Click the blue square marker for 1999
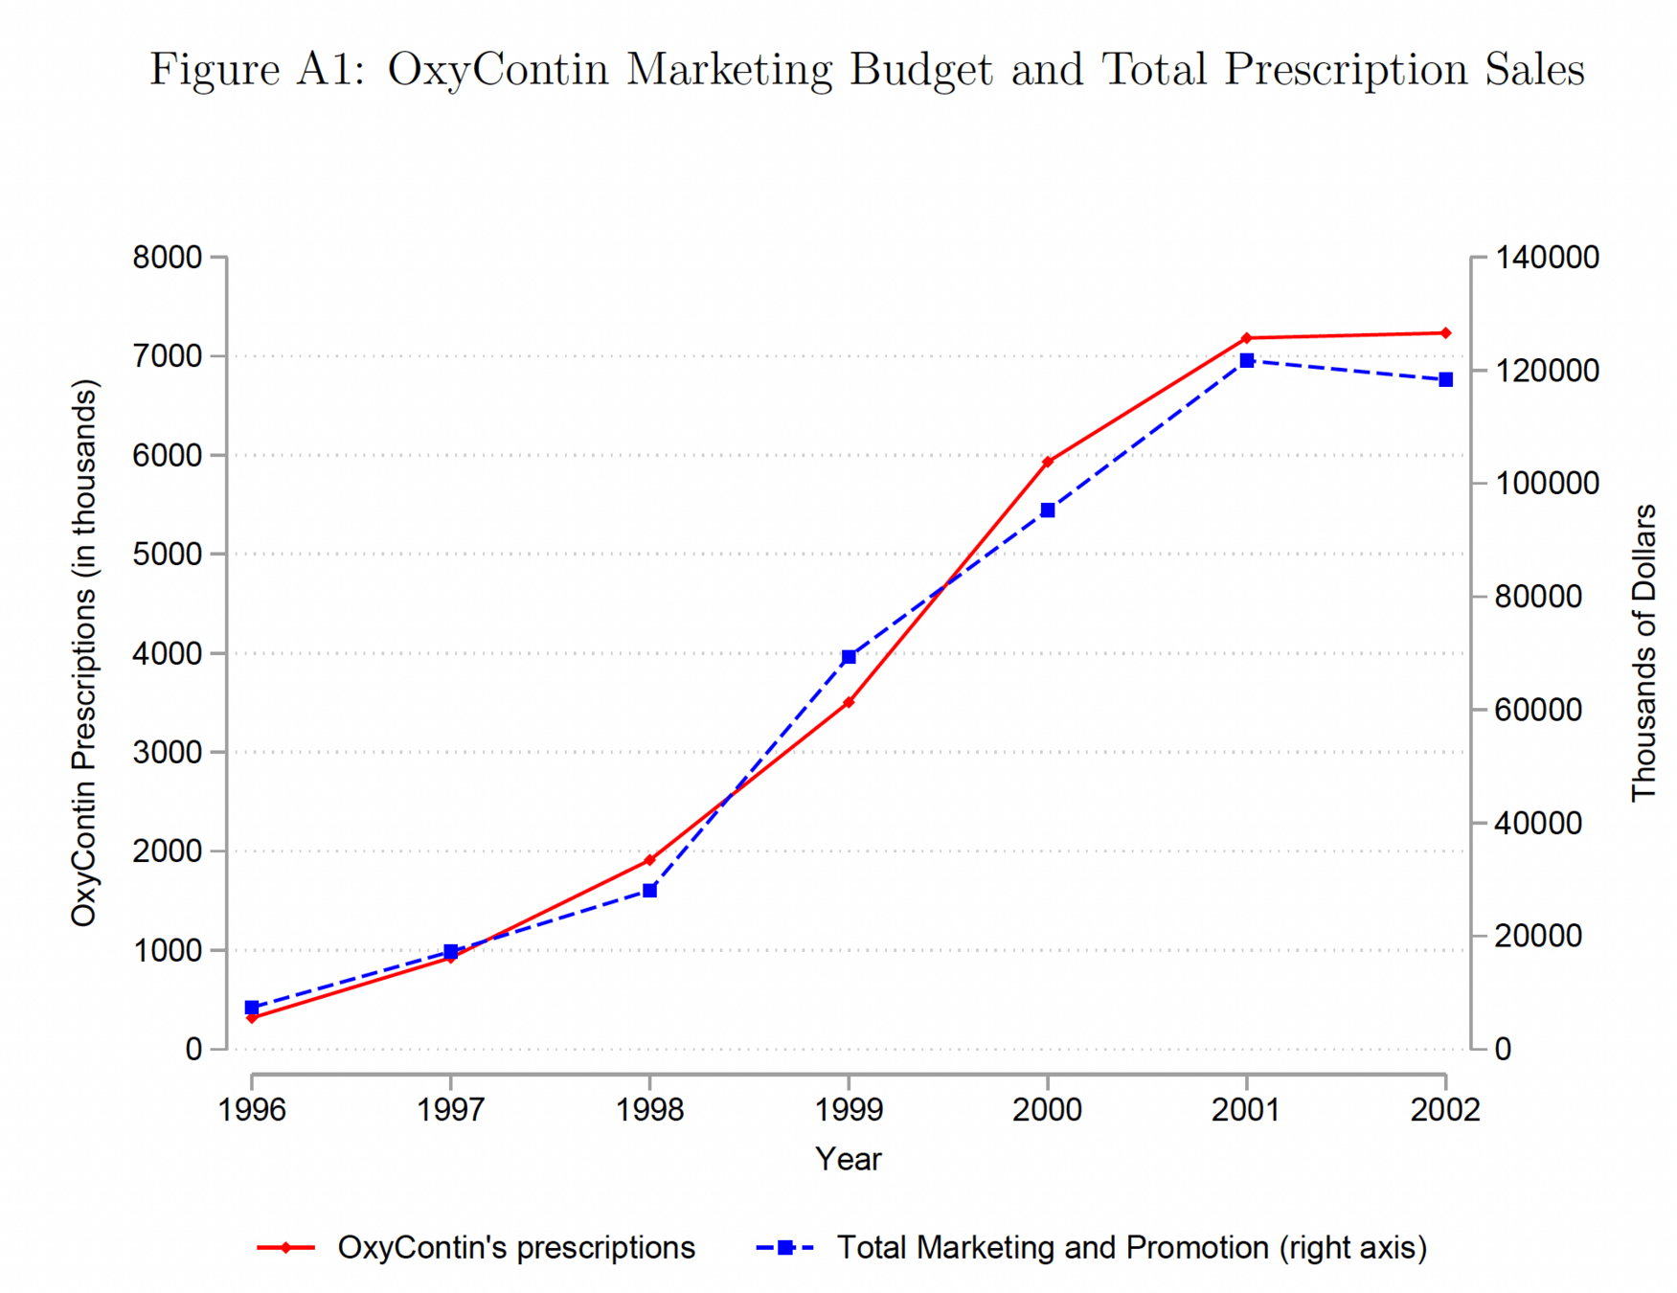tap(849, 657)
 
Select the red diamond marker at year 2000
tap(1048, 462)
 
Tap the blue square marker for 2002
tap(1445, 380)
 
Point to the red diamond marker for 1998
tap(649, 860)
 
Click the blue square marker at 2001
tap(1247, 360)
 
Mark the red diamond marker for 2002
tap(1445, 333)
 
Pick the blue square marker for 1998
tap(649, 891)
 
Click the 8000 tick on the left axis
tap(168, 258)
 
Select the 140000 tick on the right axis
tap(1547, 258)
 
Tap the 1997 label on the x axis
tap(450, 1110)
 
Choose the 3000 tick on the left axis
tap(168, 752)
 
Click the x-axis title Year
tap(848, 1159)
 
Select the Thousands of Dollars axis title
tap(1643, 652)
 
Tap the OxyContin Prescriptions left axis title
tap(84, 652)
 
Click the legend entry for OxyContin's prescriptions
tap(515, 1248)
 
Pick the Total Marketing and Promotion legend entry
tap(1131, 1248)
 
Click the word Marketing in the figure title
tap(730, 70)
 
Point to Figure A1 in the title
tap(257, 70)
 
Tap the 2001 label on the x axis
tap(1246, 1110)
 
